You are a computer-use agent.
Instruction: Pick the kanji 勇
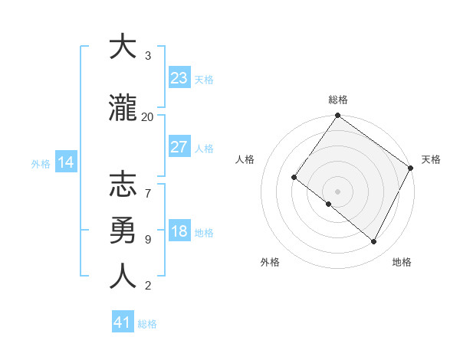click(x=122, y=229)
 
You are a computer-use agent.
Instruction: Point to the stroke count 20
click(x=147, y=117)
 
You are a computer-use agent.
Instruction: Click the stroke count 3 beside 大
click(x=147, y=56)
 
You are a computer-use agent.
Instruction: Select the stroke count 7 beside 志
click(x=147, y=185)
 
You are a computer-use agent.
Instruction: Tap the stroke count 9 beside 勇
click(x=147, y=239)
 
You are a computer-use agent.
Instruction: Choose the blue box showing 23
click(x=179, y=78)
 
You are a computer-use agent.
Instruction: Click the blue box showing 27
click(x=179, y=147)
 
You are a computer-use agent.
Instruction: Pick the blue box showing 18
click(x=179, y=232)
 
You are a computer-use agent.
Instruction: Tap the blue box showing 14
click(x=65, y=162)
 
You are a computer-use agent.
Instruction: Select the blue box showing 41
click(x=122, y=322)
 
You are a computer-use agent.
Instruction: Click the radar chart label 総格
click(x=337, y=100)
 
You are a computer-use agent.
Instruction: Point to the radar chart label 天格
click(x=431, y=159)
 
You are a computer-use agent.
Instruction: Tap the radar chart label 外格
click(x=270, y=262)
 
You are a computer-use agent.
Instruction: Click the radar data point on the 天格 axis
click(x=411, y=168)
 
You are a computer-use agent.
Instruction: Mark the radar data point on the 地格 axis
click(x=374, y=242)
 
